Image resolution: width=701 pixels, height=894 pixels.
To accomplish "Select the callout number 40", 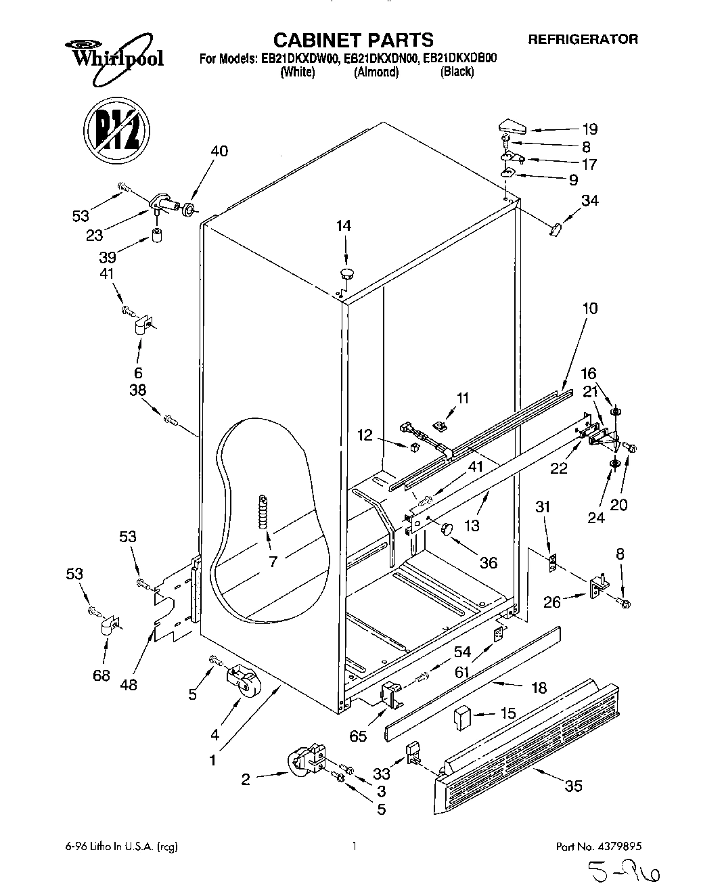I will [x=219, y=151].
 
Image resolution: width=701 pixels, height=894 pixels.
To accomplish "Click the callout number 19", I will [x=590, y=129].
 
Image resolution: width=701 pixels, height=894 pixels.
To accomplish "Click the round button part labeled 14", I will [x=346, y=273].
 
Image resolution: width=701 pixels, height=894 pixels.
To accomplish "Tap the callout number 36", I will [x=488, y=562].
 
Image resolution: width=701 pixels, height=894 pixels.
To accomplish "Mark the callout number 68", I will [x=101, y=675].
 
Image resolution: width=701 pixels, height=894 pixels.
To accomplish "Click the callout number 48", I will [x=128, y=685].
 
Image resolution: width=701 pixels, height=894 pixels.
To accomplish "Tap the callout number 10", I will [x=589, y=309].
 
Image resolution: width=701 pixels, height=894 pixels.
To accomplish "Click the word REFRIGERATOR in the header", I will [x=583, y=40].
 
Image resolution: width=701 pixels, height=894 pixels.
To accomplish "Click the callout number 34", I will [x=589, y=200].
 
